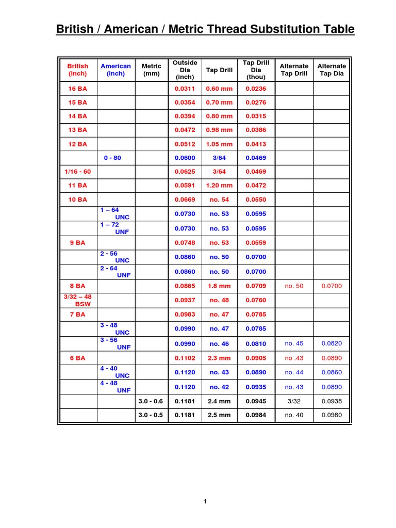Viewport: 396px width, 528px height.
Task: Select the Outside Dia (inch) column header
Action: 185,70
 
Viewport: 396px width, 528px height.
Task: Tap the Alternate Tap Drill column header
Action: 294,70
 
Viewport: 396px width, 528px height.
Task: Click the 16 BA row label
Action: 78,89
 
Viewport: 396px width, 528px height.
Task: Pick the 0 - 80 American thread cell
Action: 112,158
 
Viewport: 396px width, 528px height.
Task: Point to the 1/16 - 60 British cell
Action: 77,172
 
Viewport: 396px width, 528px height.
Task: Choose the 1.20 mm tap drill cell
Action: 219,185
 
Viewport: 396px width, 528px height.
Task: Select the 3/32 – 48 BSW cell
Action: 77,300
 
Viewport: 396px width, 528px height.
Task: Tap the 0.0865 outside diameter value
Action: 185,286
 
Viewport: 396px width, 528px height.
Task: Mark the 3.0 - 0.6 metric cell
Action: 151,401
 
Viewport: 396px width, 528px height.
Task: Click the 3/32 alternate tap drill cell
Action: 294,401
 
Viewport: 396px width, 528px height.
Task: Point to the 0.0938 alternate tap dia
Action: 332,401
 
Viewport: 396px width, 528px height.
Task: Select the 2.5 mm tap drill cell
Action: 219,415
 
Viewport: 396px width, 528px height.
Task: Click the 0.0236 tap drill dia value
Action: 256,89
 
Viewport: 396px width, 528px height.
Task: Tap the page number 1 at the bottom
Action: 205,502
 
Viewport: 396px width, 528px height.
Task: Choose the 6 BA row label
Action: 78,358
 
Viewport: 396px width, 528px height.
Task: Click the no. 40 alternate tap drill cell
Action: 294,415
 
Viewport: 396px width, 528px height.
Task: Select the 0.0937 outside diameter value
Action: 185,300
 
